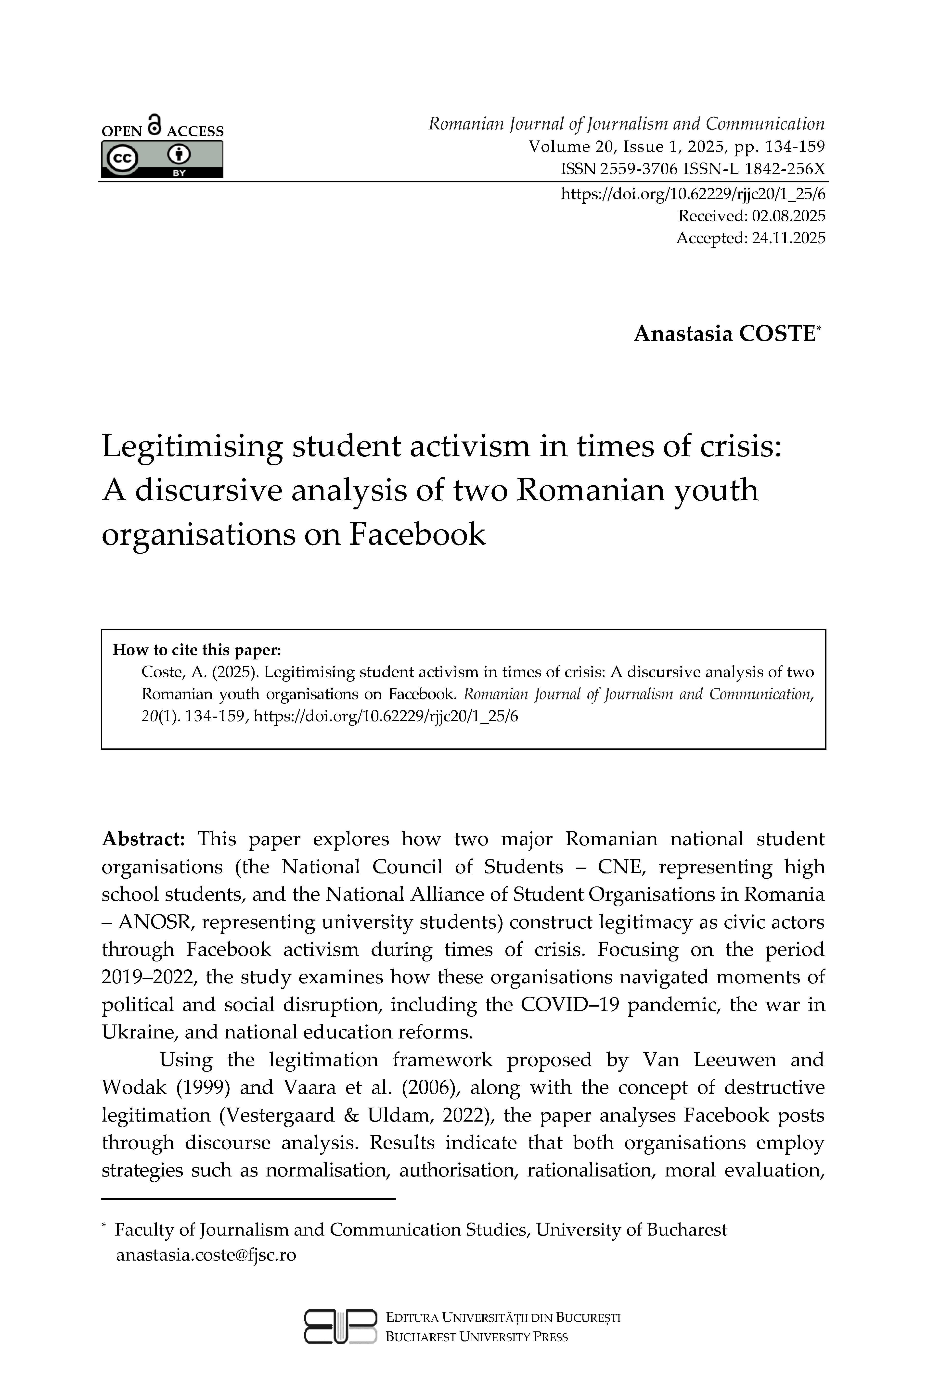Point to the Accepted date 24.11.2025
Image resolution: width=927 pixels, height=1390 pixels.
tap(788, 238)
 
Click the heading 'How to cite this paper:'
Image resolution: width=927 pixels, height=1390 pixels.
tap(197, 650)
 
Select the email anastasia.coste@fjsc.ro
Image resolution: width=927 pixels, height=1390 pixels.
tap(206, 1255)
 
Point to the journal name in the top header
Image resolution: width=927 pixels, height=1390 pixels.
tap(626, 124)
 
